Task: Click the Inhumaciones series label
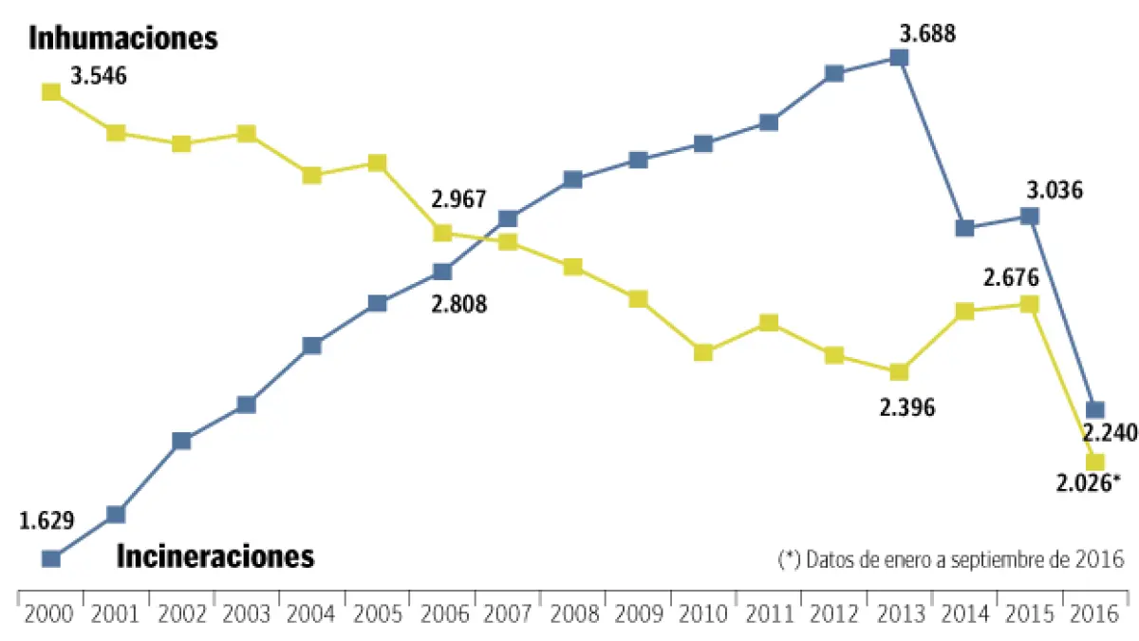[x=123, y=39]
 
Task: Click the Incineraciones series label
[x=215, y=556]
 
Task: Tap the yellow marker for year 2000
[x=51, y=92]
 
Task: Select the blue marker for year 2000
[x=51, y=559]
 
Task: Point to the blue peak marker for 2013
[x=899, y=58]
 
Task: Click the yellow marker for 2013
[x=899, y=371]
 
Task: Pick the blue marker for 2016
[x=1094, y=409]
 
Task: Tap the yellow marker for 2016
[x=1094, y=462]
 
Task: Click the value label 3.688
[x=927, y=34]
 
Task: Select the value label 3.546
[x=98, y=76]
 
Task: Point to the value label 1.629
[x=47, y=519]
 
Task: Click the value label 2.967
[x=458, y=200]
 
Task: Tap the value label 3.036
[x=1055, y=190]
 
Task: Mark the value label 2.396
[x=907, y=407]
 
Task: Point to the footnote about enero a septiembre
[x=950, y=558]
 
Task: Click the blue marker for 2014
[x=965, y=228]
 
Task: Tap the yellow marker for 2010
[x=703, y=352]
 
